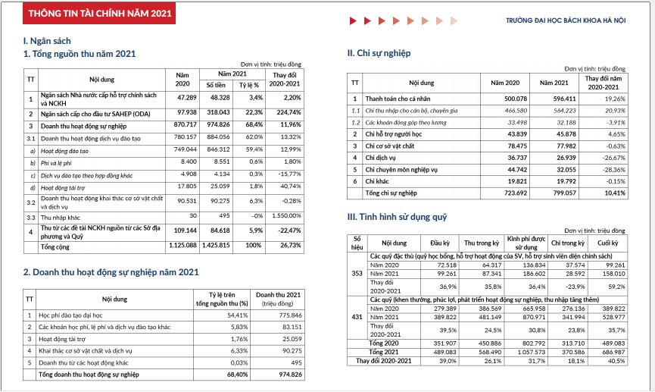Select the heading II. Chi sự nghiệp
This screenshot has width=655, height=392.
[x=379, y=53]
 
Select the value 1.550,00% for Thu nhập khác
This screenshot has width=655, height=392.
[x=288, y=217]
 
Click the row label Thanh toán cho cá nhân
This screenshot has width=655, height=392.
[x=398, y=99]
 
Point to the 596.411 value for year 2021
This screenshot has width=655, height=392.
[x=555, y=99]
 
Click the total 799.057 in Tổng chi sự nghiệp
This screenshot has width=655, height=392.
[x=555, y=193]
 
